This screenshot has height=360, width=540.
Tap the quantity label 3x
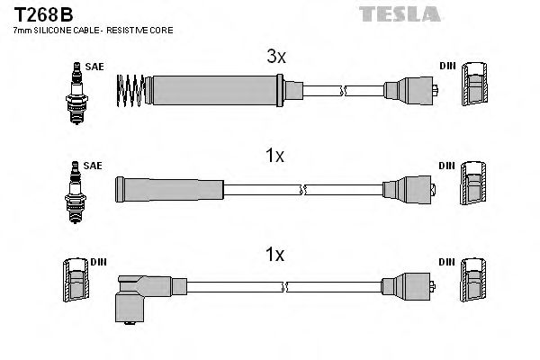276,57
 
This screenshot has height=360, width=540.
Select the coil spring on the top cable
131,88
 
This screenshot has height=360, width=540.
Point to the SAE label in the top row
93,67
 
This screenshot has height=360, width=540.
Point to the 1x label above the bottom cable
276,255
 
